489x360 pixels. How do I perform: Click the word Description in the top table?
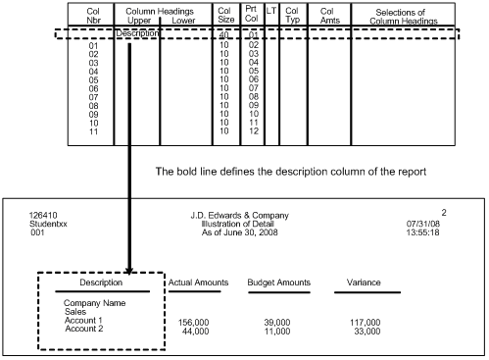137,33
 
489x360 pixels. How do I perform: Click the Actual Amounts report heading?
198,283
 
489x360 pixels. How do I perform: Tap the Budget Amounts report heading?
278,283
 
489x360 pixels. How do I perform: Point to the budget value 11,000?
282,331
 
